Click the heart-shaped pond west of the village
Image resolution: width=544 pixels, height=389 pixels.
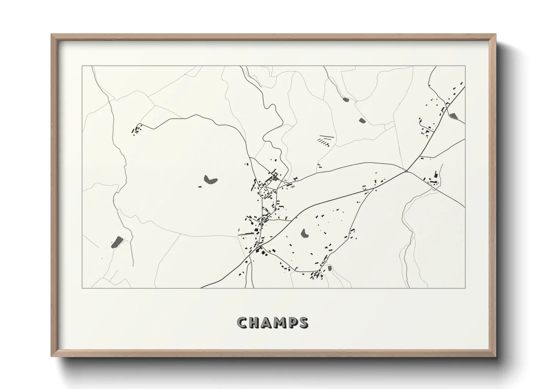(210, 179)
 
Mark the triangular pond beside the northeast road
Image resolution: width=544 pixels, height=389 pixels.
(453, 116)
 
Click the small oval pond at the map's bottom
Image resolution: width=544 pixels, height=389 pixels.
(330, 268)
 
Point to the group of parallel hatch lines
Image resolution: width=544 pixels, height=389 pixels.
(325, 140)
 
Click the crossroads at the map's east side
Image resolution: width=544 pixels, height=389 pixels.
(407, 171)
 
